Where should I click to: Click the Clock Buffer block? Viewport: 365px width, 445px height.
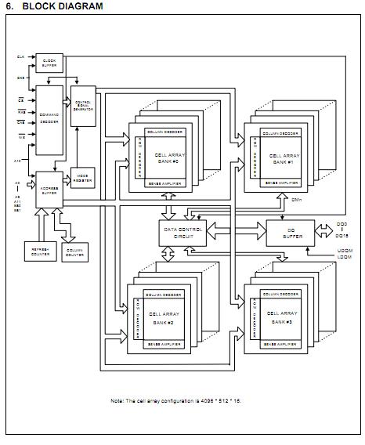tap(49, 63)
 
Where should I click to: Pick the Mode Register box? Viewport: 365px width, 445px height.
tap(82, 177)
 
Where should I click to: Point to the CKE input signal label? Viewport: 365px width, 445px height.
tap(20, 78)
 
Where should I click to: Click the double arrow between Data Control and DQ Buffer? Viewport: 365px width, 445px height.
tap(234, 229)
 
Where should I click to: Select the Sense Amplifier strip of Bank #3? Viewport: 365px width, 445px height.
tap(280, 343)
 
